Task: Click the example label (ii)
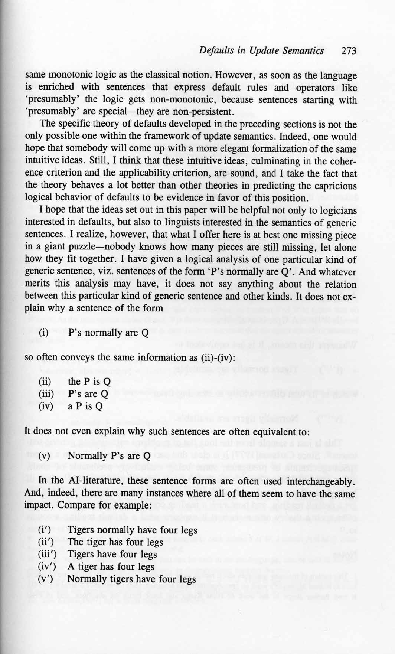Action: pyautogui.click(x=45, y=382)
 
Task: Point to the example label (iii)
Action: pyautogui.click(x=46, y=394)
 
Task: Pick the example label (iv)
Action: pyautogui.click(x=46, y=406)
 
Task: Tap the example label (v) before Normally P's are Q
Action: pyautogui.click(x=44, y=455)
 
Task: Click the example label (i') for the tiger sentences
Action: pyautogui.click(x=45, y=530)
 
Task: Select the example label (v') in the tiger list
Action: pyautogui.click(x=46, y=579)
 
